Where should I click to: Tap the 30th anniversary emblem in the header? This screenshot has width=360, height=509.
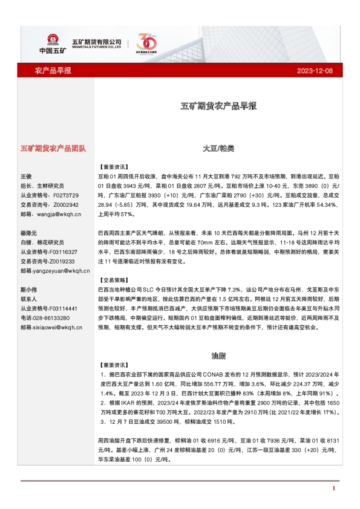click(x=147, y=43)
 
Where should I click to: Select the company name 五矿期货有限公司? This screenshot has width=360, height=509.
click(x=97, y=41)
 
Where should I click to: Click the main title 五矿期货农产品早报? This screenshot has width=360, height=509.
click(x=218, y=106)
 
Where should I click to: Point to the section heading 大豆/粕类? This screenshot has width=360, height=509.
click(x=218, y=148)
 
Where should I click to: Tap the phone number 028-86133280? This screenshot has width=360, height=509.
click(x=55, y=317)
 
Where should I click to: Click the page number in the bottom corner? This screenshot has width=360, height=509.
click(x=333, y=488)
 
